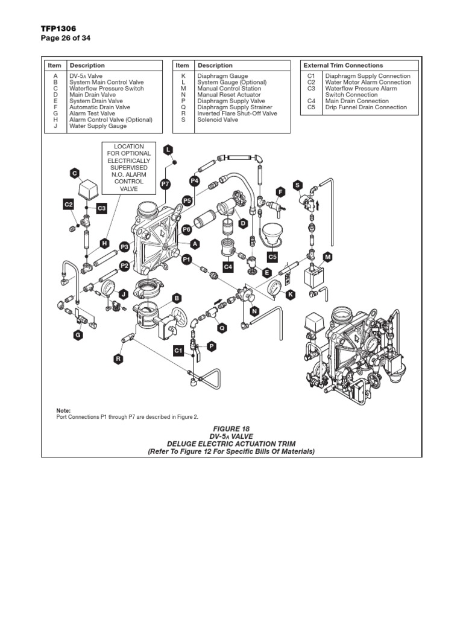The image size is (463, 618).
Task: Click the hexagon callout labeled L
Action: click(x=168, y=149)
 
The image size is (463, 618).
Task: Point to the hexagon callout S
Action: click(x=297, y=184)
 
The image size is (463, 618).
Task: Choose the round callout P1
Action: click(x=186, y=259)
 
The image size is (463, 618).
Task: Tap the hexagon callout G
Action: click(x=77, y=335)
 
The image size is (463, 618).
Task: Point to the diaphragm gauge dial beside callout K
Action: click(x=272, y=287)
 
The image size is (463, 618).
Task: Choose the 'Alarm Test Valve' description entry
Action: click(x=92, y=113)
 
